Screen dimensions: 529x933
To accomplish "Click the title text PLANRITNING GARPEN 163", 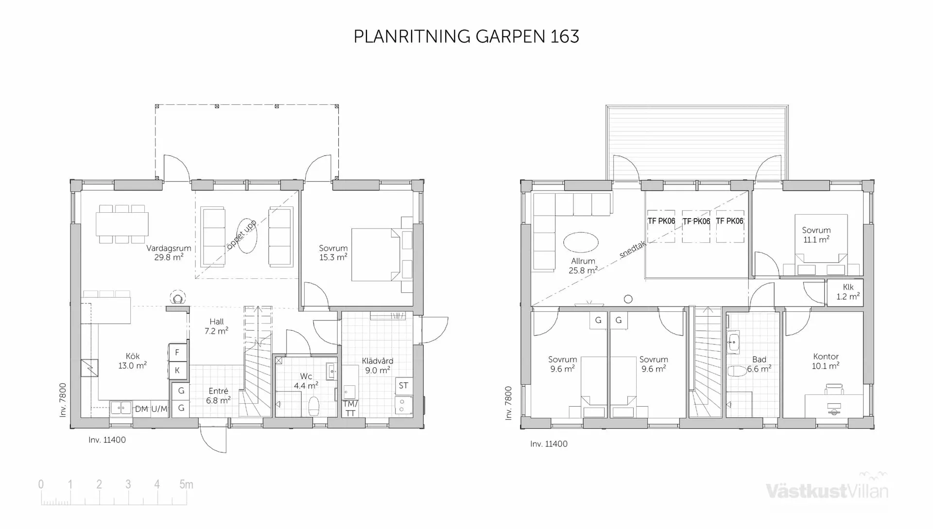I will (466, 37).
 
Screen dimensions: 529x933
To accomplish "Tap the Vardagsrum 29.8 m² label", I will (169, 253).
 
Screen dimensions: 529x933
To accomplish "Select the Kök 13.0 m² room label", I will (132, 361).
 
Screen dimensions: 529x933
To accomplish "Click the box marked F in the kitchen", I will (177, 352).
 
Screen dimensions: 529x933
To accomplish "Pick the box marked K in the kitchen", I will (177, 370).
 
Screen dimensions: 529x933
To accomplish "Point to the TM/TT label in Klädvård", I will (350, 409).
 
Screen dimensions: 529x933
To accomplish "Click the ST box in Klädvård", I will (403, 386).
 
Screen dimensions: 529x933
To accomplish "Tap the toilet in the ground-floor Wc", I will (314, 406).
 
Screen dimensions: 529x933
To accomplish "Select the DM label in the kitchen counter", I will (141, 409).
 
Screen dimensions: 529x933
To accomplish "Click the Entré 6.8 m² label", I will (218, 395).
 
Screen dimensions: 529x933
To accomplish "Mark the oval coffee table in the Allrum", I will (581, 242).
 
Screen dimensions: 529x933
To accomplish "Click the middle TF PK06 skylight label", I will (696, 222).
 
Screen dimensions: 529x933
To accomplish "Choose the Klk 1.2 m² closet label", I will (847, 292).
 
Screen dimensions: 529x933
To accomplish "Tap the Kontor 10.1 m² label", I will (826, 361).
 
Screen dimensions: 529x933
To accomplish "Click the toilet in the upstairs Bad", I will (737, 371).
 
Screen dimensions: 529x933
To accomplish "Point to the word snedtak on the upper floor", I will (632, 250).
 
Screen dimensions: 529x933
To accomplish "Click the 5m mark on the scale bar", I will (186, 484).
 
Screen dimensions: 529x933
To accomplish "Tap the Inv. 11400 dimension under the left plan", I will (107, 440).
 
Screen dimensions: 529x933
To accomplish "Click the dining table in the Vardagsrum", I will (122, 224).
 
